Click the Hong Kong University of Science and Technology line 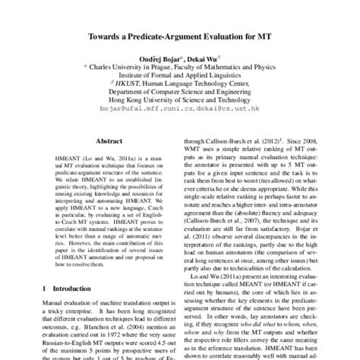[180, 108]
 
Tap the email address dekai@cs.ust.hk [226, 119]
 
